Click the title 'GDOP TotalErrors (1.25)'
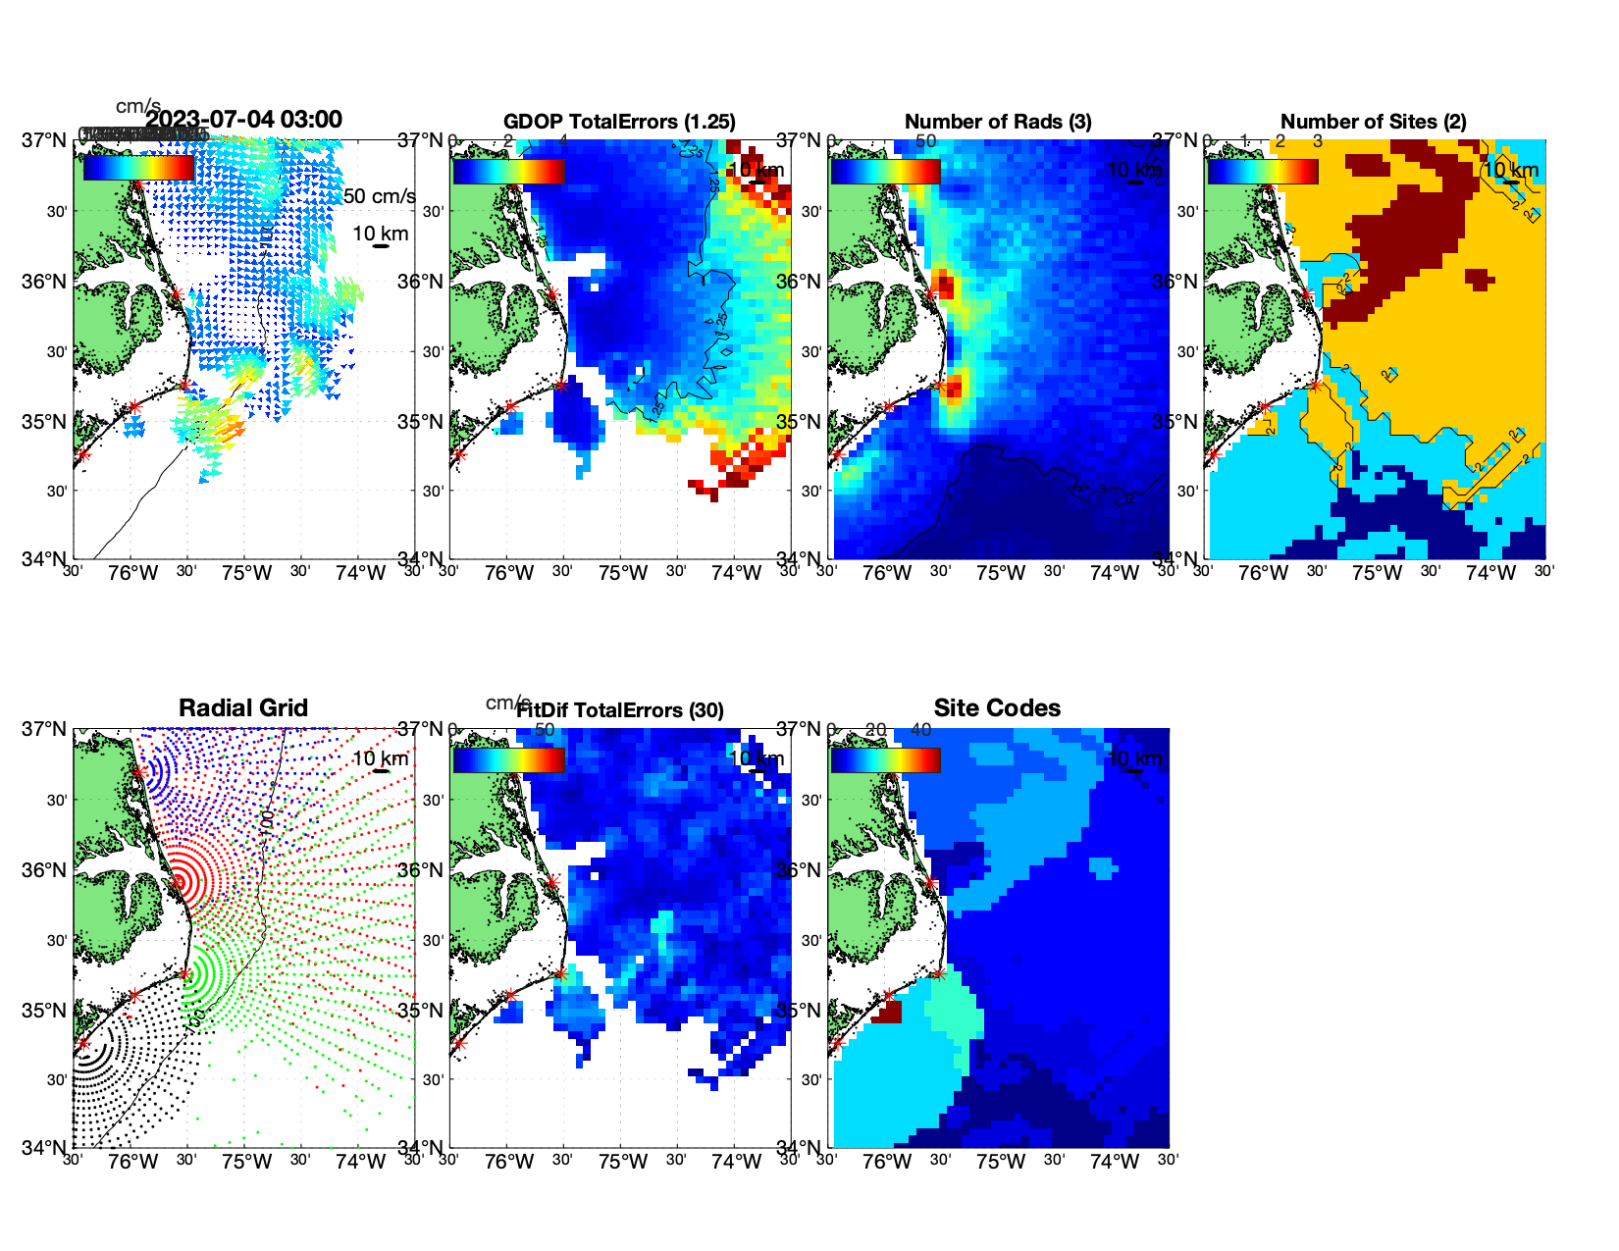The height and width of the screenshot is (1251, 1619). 619,122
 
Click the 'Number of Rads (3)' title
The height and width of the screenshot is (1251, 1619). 998,122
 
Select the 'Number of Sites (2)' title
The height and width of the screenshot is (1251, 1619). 1374,122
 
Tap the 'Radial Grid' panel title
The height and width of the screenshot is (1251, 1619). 243,708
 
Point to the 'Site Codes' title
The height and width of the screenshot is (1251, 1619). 997,708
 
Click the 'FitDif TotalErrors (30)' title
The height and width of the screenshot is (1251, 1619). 620,710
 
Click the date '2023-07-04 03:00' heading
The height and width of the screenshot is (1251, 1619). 244,120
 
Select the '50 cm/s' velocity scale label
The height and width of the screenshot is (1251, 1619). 379,196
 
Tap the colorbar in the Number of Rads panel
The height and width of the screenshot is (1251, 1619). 885,171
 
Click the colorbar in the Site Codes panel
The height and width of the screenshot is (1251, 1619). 885,759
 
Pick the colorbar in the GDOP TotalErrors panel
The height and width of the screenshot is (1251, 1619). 508,171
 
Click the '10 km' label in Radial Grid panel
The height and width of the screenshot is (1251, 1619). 380,758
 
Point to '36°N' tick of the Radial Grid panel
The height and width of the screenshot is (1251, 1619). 46,870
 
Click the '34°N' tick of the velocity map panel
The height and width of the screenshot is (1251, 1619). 46,559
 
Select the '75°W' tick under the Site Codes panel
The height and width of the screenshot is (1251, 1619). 1001,1162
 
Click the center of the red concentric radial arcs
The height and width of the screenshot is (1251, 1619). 179,881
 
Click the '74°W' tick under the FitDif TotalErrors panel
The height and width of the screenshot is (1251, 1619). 737,1162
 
